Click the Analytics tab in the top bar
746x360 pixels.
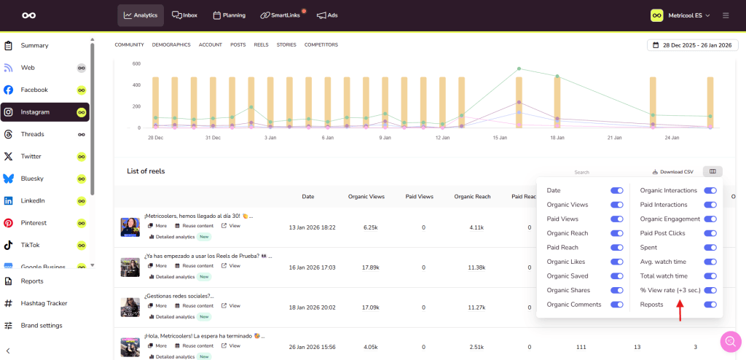[x=141, y=15]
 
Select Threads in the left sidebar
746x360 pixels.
[x=32, y=134]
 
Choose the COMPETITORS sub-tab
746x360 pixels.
[x=321, y=44]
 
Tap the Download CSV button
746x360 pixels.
[x=672, y=172]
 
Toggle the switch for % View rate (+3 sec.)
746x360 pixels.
[x=710, y=290]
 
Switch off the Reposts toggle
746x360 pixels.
[x=710, y=305]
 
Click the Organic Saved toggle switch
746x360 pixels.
[x=617, y=276]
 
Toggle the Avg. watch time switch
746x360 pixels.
[x=710, y=262]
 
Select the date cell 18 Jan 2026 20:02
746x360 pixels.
[x=308, y=308]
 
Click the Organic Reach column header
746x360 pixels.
[x=471, y=196]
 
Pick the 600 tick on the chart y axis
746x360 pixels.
[x=136, y=63]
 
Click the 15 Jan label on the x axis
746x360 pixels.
[x=500, y=137]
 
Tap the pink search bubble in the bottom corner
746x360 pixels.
[x=730, y=341]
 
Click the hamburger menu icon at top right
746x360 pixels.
[x=726, y=15]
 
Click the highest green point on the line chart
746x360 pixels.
[x=519, y=69]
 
